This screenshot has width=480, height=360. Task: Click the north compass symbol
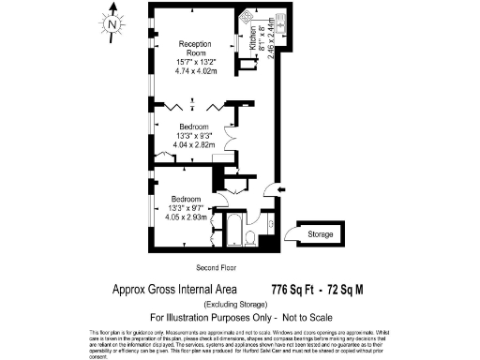coord(112,23)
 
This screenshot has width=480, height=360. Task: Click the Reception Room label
coord(194,49)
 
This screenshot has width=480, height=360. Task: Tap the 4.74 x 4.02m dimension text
coord(195,71)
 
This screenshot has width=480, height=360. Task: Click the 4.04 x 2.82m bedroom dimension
coord(194,145)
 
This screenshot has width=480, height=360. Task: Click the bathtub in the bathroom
coord(233,227)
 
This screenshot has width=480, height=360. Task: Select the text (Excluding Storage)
coord(239,304)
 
